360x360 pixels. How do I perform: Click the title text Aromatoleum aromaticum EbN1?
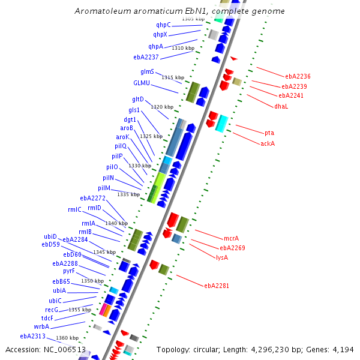tap(180, 11)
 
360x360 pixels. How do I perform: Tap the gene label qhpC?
tap(163, 25)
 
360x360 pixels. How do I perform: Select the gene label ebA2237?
tap(146, 57)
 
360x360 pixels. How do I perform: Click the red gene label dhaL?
tap(281, 106)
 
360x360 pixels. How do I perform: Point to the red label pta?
tap(269, 133)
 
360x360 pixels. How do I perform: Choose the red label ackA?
tap(268, 143)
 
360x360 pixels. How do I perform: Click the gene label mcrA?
tap(231, 238)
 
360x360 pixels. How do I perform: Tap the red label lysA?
tap(221, 257)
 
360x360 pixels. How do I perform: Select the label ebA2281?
tap(217, 286)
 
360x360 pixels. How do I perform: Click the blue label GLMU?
tap(142, 83)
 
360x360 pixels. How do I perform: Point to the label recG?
tap(52, 309)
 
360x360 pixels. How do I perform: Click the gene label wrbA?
tap(41, 326)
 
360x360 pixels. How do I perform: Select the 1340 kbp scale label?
tap(116, 223)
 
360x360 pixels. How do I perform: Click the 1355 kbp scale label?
tap(80, 310)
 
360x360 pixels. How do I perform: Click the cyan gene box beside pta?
tap(222, 123)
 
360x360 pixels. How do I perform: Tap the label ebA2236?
tap(298, 76)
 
